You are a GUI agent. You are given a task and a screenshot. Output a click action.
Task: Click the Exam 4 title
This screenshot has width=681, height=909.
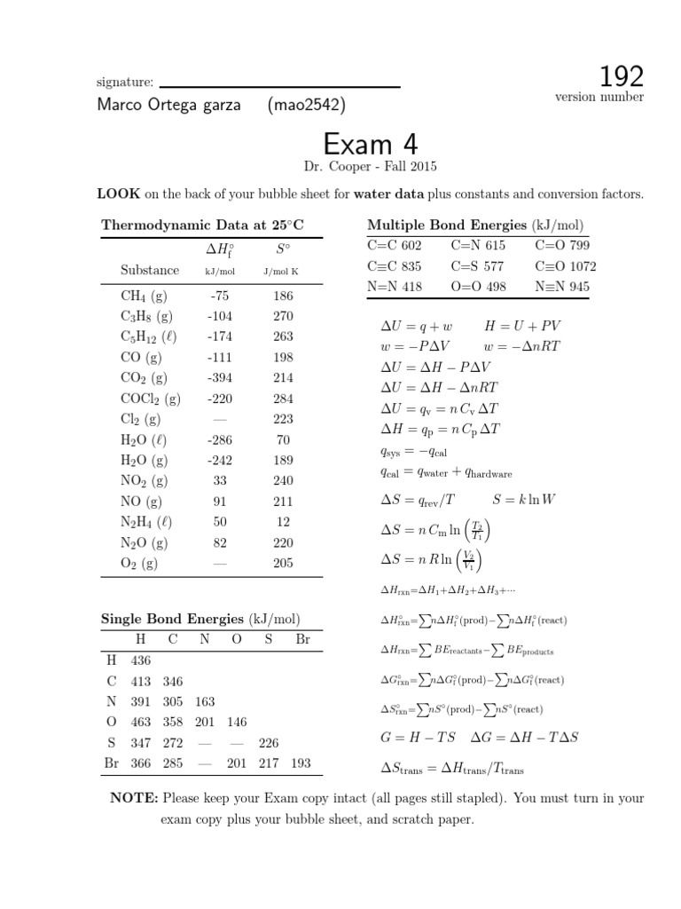click(x=371, y=144)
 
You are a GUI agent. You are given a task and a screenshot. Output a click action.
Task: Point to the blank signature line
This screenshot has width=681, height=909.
click(x=278, y=86)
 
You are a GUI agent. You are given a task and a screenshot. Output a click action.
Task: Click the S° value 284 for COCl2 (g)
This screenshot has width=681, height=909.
click(x=282, y=399)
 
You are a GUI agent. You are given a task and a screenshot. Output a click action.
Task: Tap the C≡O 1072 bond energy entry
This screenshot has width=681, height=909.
click(x=566, y=266)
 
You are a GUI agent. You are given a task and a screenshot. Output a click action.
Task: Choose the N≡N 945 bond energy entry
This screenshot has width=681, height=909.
click(x=562, y=287)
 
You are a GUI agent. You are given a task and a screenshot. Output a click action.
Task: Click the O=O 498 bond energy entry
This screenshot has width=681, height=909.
click(x=481, y=287)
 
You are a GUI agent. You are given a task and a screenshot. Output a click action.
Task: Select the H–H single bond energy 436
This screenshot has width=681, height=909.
click(x=141, y=660)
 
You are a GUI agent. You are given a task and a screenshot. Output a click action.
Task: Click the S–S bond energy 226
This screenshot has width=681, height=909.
click(x=269, y=743)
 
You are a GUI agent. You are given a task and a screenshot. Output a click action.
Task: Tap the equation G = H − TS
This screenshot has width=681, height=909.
click(x=414, y=737)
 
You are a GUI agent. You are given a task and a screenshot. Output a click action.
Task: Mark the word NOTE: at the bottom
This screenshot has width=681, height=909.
click(x=134, y=799)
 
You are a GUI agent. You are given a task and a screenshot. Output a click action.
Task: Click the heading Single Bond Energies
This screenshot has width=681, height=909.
click(x=172, y=619)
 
